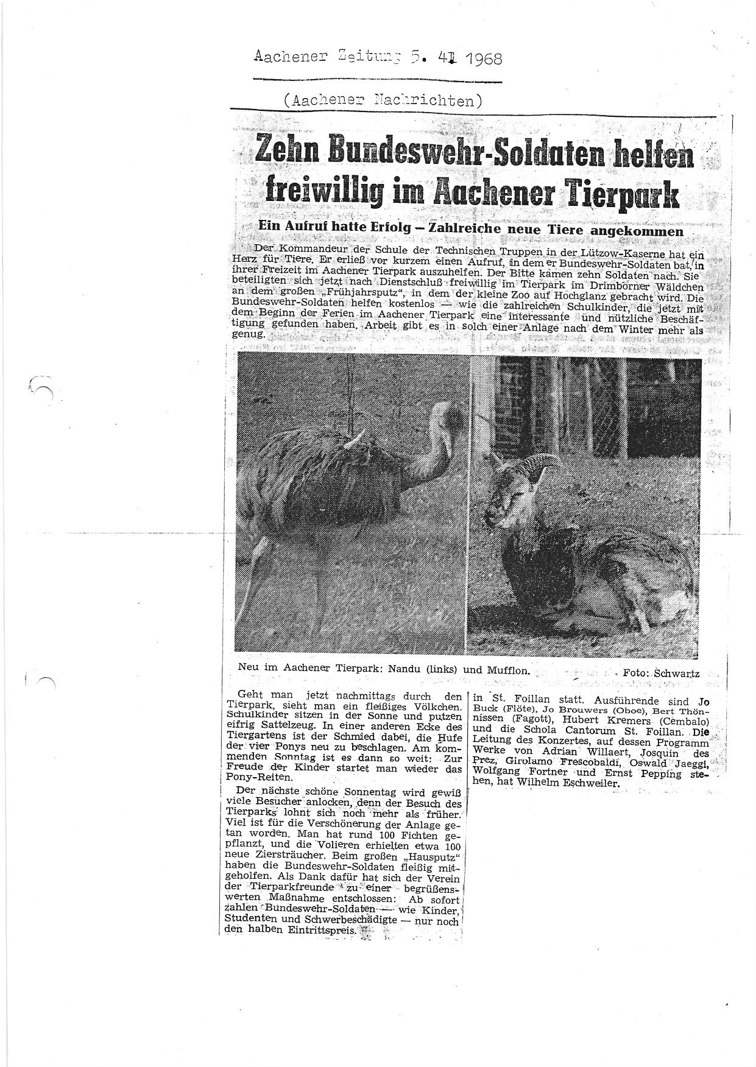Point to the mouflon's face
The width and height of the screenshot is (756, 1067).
click(x=509, y=501)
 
